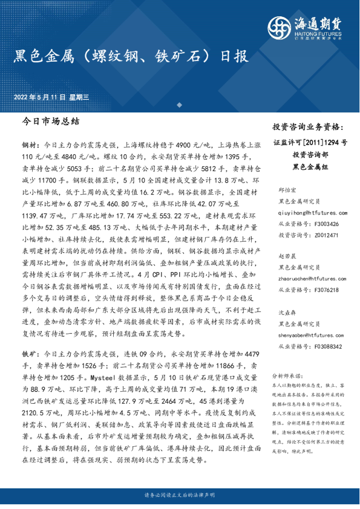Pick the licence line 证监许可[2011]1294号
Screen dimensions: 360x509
coord(310,143)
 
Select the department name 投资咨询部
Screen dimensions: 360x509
coord(310,155)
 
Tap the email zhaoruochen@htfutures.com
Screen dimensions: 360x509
coord(310,279)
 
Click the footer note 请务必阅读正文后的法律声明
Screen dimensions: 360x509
coord(180,495)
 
